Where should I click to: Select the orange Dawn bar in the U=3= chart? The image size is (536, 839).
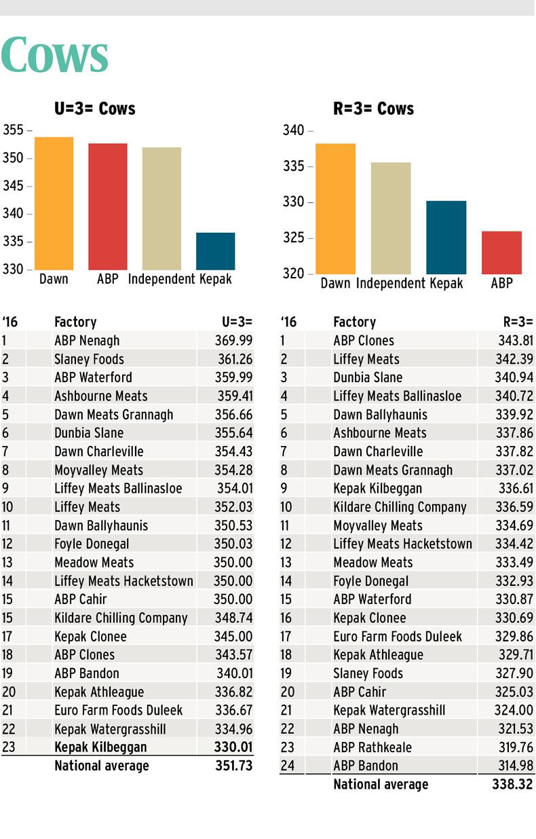pos(54,204)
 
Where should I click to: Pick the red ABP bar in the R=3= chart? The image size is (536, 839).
pos(502,253)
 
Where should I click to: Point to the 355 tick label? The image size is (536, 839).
pos(14,130)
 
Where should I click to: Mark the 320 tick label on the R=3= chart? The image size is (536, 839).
pos(293,274)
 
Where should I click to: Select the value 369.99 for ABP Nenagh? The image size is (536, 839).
pos(233,341)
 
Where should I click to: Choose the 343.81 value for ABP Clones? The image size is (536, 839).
pos(514,341)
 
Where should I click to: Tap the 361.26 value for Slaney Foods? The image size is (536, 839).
pos(233,359)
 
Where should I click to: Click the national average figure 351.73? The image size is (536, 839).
pos(233,766)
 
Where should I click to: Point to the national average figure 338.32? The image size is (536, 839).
pos(513,785)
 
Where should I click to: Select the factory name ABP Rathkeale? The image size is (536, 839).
pos(372,747)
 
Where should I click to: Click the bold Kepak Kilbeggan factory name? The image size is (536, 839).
pos(100,747)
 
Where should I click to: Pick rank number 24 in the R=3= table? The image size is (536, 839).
pos(288,766)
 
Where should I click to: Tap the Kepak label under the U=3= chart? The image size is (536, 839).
pos(216,279)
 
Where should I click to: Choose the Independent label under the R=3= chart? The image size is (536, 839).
pos(390,283)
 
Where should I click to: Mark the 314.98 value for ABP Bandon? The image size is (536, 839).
pos(514,766)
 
